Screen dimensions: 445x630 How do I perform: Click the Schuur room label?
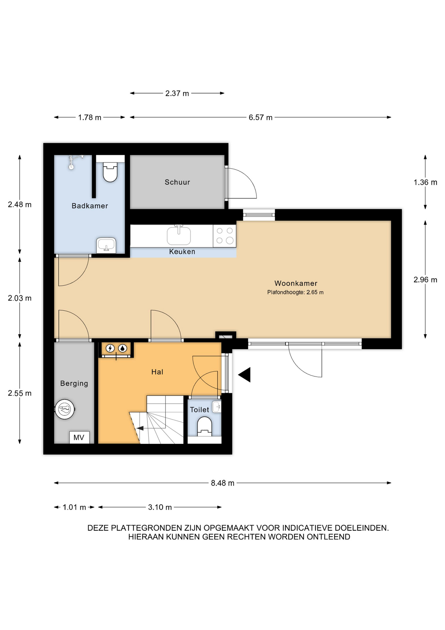[x=177, y=182]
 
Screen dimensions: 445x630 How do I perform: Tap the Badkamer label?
[x=90, y=206]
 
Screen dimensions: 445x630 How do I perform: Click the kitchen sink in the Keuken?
[x=179, y=235]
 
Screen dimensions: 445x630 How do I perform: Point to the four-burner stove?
[x=224, y=236]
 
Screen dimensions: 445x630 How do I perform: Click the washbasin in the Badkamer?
[x=106, y=245]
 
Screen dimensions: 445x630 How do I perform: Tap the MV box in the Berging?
[x=79, y=437]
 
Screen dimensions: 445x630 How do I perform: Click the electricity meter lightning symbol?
[x=110, y=348]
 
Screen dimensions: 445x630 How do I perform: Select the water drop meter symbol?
[x=123, y=348]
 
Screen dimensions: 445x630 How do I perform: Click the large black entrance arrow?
[x=244, y=375]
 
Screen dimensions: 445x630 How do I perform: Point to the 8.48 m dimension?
[x=222, y=483]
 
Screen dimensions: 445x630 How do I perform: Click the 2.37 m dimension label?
[x=177, y=94]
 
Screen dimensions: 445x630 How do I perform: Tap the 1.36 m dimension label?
[x=425, y=182]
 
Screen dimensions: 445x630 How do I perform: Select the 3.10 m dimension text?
[x=160, y=507]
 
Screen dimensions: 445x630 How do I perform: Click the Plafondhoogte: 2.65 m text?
[x=295, y=292]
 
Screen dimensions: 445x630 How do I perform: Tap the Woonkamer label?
[x=296, y=283]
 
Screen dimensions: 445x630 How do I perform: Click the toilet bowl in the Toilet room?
[x=204, y=426]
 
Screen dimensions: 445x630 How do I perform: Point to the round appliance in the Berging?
[x=65, y=409]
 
